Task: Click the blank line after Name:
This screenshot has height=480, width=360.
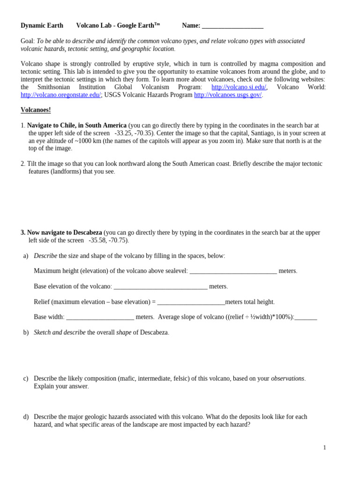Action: point(232,26)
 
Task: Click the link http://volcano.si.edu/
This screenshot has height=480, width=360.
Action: point(239,87)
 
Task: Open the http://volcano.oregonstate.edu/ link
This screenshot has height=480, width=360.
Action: point(60,95)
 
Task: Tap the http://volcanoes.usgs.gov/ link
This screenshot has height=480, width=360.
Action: point(228,95)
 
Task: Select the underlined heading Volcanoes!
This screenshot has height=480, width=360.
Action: point(36,110)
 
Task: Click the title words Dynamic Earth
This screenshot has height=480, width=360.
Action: point(42,26)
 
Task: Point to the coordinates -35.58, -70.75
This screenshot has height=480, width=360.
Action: point(108,240)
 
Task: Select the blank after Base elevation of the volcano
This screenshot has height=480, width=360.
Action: point(160,286)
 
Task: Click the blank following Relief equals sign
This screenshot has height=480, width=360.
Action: point(191,302)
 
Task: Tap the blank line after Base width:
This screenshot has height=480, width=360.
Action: point(100,317)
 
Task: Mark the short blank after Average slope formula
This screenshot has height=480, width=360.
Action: point(306,317)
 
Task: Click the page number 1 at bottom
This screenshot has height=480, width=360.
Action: point(324,448)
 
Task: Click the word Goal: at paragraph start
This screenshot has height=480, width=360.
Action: point(28,41)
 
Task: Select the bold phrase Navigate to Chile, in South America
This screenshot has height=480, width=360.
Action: point(77,126)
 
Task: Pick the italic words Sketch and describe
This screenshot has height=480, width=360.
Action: point(60,333)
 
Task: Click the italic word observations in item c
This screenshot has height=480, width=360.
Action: point(287,379)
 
